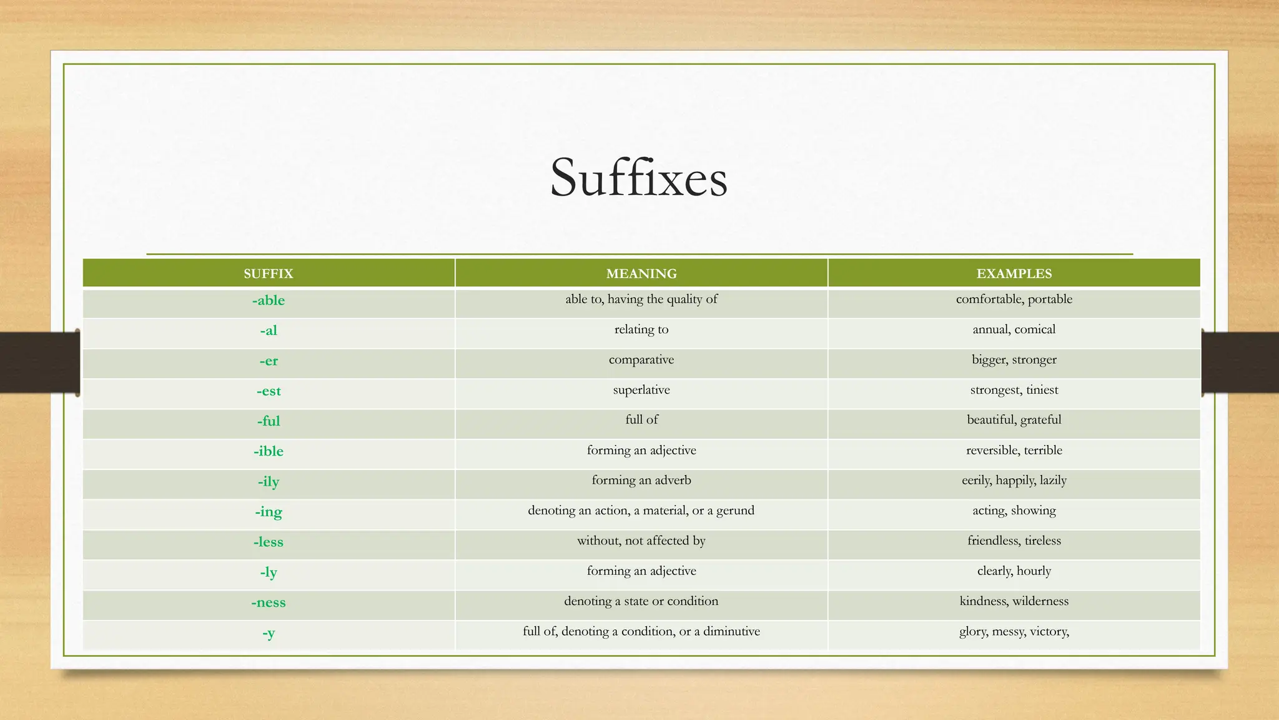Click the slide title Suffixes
pyautogui.click(x=638, y=178)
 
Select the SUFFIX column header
pyautogui.click(x=268, y=274)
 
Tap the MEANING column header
pyautogui.click(x=641, y=274)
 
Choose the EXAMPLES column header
pyautogui.click(x=1014, y=274)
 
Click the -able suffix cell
pyautogui.click(x=269, y=301)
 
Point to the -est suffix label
pyautogui.click(x=269, y=391)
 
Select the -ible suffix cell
pyautogui.click(x=269, y=451)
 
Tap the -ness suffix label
pyautogui.click(x=269, y=602)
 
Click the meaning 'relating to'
pyautogui.click(x=641, y=329)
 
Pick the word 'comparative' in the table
pyautogui.click(x=641, y=360)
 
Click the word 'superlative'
pyautogui.click(x=641, y=390)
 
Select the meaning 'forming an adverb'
pyautogui.click(x=641, y=481)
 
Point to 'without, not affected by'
pyautogui.click(x=641, y=541)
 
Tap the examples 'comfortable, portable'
pyautogui.click(x=1014, y=299)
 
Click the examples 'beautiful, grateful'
pyautogui.click(x=1014, y=420)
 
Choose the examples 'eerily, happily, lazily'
pyautogui.click(x=1014, y=481)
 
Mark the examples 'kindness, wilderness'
pyautogui.click(x=1014, y=601)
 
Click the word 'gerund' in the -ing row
pyautogui.click(x=735, y=511)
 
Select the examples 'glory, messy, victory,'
pyautogui.click(x=1014, y=631)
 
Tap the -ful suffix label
pyautogui.click(x=269, y=421)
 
